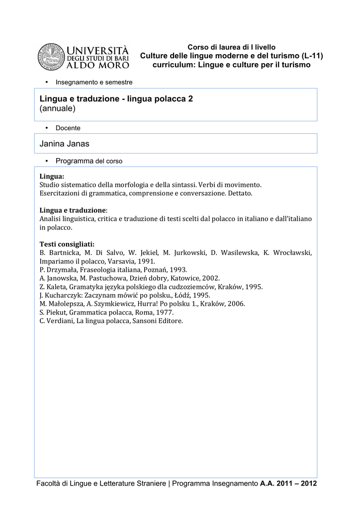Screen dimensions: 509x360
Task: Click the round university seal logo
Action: [51, 57]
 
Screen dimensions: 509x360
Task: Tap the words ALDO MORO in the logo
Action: [98, 65]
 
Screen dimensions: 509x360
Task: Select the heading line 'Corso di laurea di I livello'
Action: [231, 47]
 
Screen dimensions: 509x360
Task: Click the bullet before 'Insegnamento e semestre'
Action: [46, 82]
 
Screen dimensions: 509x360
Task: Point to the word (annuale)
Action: [57, 108]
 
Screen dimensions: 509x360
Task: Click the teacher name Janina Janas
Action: [64, 144]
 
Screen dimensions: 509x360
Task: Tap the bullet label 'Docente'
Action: [68, 128]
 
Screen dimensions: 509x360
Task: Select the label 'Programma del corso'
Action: [89, 162]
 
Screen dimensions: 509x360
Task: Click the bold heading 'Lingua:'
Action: [52, 176]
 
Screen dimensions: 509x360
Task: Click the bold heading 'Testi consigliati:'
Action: [67, 244]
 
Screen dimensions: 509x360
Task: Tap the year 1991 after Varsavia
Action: [147, 261]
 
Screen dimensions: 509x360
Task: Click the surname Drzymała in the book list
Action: [63, 269]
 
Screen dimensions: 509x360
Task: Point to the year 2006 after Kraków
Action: [236, 304]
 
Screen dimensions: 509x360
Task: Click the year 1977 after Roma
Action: [164, 313]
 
